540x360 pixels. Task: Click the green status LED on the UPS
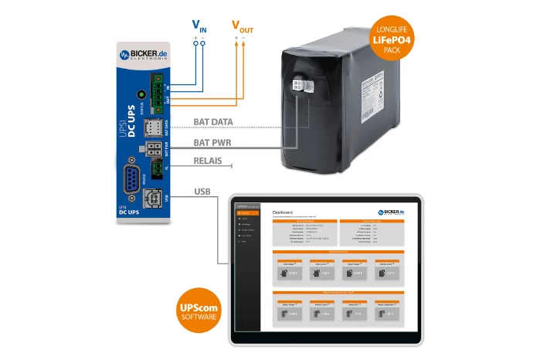tap(141, 93)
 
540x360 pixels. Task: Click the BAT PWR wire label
tap(212, 143)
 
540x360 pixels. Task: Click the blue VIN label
tap(199, 25)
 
